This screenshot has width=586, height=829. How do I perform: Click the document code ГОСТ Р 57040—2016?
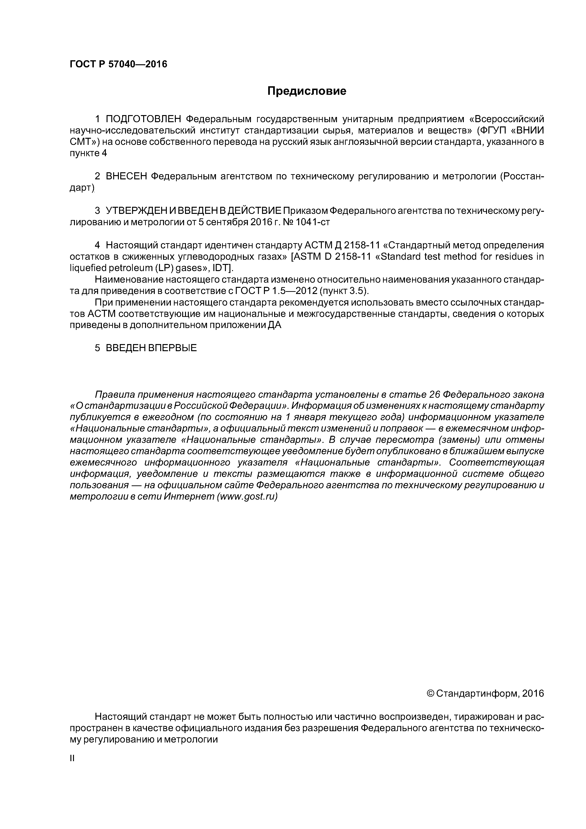[x=118, y=64]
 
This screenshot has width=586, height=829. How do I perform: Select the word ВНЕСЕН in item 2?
[x=126, y=176]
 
